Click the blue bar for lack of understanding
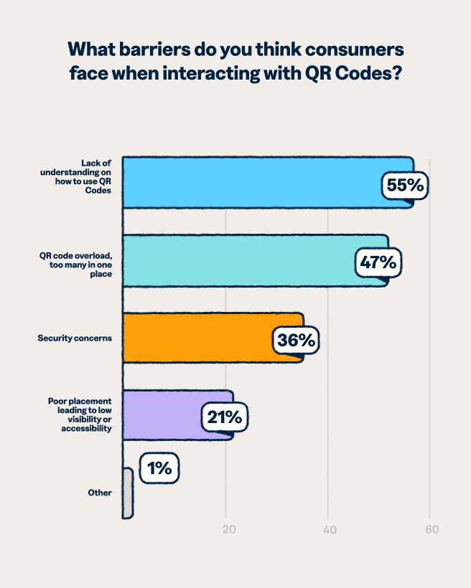pyautogui.click(x=251, y=183)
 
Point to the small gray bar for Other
pyautogui.click(x=128, y=493)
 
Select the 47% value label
pyautogui.click(x=378, y=263)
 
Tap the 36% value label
pyautogui.click(x=295, y=341)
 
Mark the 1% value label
pyautogui.click(x=159, y=469)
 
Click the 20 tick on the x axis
pyautogui.click(x=229, y=530)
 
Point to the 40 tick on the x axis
pyautogui.click(x=330, y=530)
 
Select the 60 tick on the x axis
pyautogui.click(x=431, y=530)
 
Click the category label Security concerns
pyautogui.click(x=75, y=338)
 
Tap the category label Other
pyautogui.click(x=100, y=493)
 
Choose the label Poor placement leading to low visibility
pyautogui.click(x=80, y=414)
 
